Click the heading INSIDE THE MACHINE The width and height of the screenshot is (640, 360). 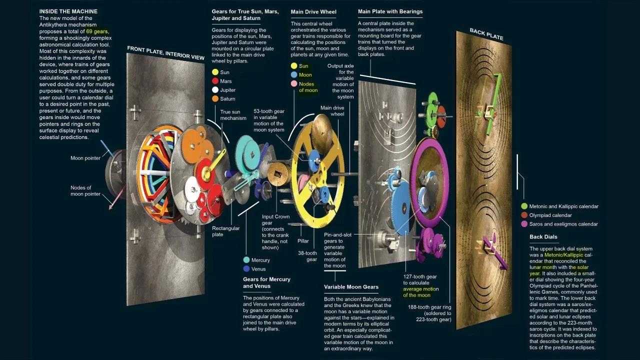68,11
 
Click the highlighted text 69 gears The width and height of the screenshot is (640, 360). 97,31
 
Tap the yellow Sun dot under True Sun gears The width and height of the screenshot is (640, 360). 215,72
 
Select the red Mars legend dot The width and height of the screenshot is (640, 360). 215,81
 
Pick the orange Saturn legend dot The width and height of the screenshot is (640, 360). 215,99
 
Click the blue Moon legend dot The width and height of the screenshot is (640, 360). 294,75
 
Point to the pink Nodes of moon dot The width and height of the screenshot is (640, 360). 294,84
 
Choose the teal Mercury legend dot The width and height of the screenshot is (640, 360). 246,260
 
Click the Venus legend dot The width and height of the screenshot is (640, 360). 246,269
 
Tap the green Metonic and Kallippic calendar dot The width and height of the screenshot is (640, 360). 524,206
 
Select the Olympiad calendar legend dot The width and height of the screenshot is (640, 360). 524,215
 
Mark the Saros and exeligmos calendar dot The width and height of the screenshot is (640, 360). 524,224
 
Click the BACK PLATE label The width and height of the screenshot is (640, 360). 486,34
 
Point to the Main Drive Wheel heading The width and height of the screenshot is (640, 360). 313,11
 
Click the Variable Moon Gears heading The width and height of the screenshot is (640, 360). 351,287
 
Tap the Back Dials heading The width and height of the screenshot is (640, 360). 543,236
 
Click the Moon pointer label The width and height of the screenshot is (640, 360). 85,158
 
